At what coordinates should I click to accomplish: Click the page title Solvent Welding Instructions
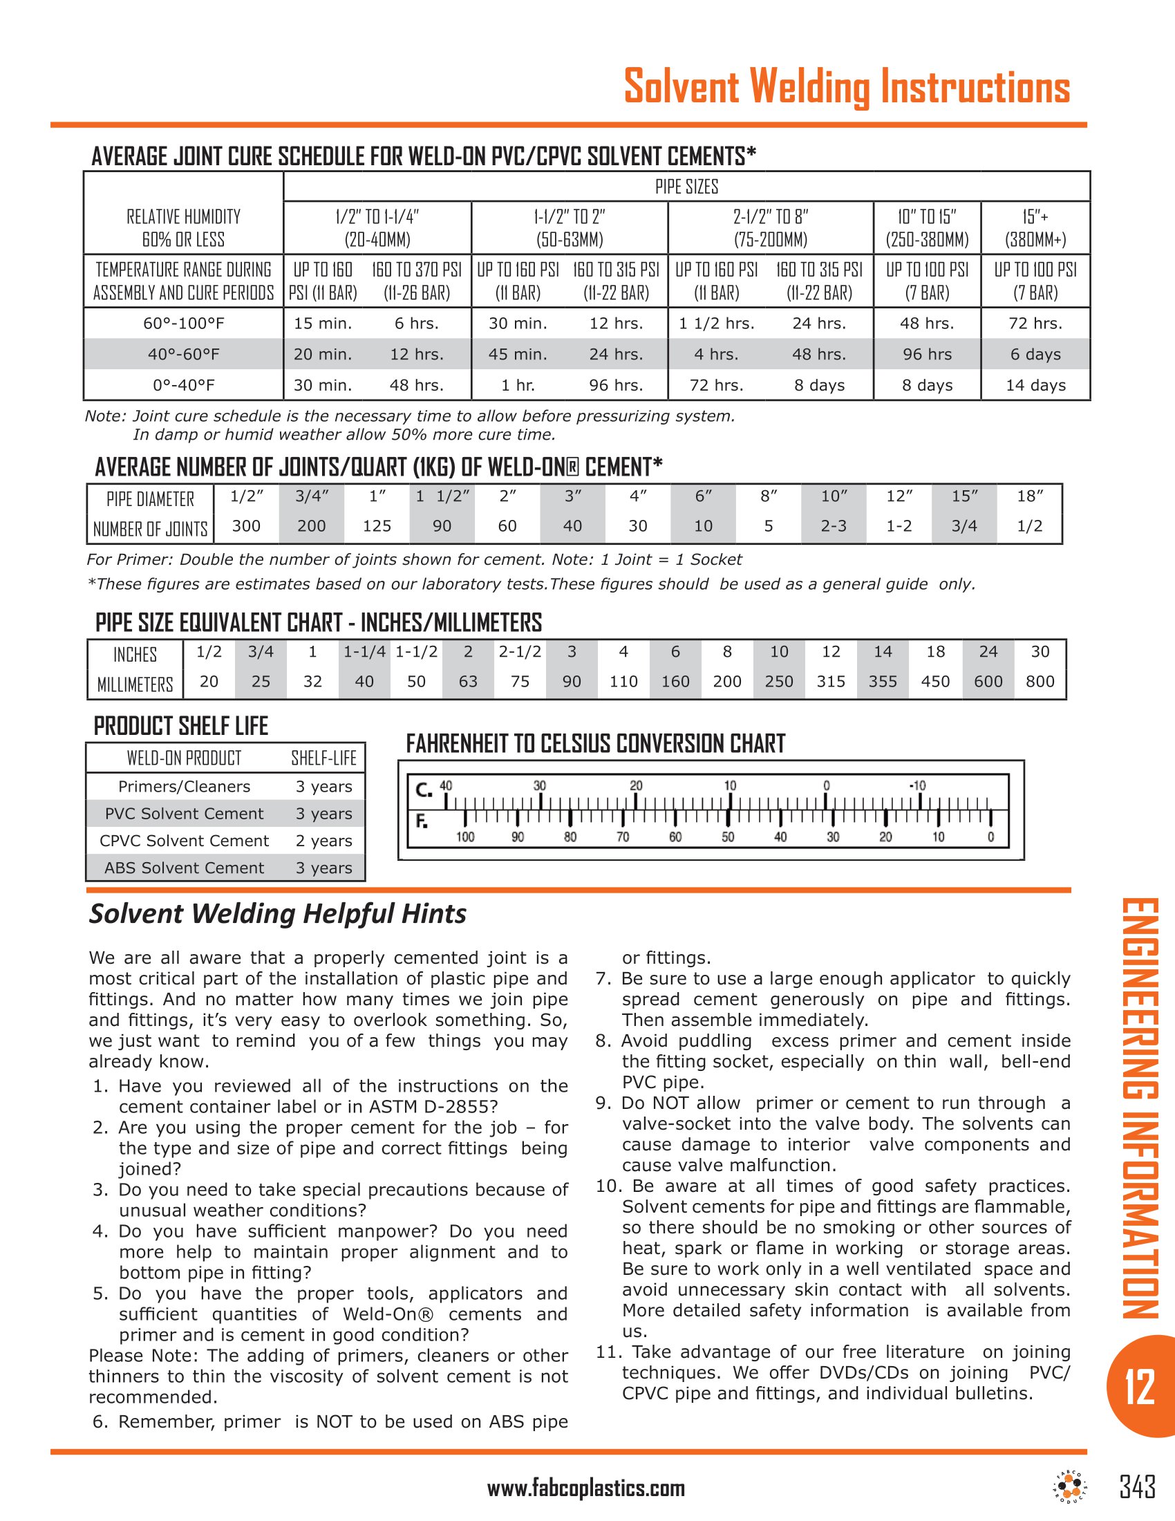tap(847, 87)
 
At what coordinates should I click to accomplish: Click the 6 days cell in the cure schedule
tap(1035, 355)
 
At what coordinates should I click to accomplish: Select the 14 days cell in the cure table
tap(1035, 385)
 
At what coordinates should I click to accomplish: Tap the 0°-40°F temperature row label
tap(184, 385)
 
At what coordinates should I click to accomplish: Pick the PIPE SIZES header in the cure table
tap(686, 187)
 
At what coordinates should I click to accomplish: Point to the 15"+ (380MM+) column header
tap(1035, 227)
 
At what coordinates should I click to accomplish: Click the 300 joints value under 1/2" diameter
tap(246, 526)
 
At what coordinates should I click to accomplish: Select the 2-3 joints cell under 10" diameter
tap(834, 526)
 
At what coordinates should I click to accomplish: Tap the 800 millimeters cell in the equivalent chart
tap(1040, 681)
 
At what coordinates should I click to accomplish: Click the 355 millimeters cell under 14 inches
tap(883, 681)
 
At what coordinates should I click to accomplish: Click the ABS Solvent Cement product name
tap(185, 868)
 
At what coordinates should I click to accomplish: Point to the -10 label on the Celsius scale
tap(917, 785)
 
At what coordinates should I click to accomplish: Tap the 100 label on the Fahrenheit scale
tap(465, 837)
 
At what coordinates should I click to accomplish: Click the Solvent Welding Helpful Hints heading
tap(278, 914)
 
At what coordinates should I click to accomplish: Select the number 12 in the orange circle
tap(1140, 1387)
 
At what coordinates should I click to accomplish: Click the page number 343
tap(1138, 1487)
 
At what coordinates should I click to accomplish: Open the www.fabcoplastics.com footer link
tap(586, 1489)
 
